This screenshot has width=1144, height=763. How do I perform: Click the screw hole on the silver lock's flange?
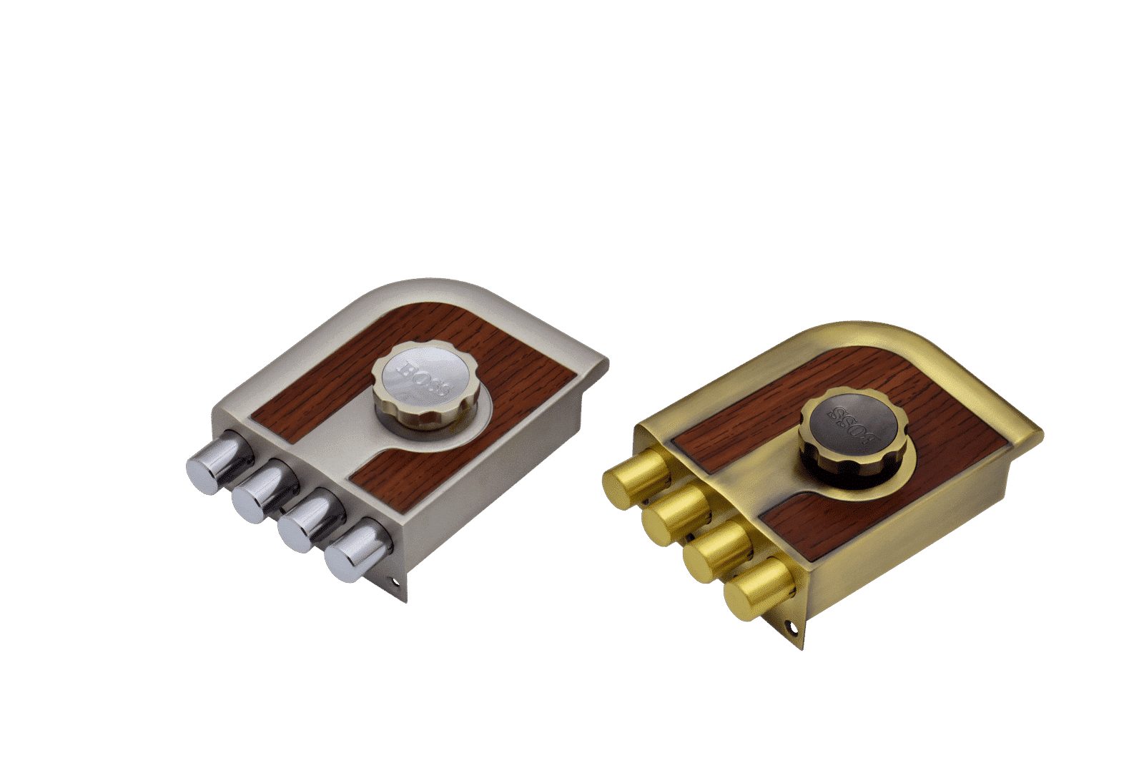coord(394,581)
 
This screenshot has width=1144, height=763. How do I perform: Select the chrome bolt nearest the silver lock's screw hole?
coord(357,550)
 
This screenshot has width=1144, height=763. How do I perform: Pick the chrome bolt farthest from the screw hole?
coord(219,463)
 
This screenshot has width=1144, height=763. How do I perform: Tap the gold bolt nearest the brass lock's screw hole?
coord(759,589)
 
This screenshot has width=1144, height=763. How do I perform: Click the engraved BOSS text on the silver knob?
coord(425,378)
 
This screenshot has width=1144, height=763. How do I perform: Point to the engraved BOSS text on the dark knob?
coord(854,426)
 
